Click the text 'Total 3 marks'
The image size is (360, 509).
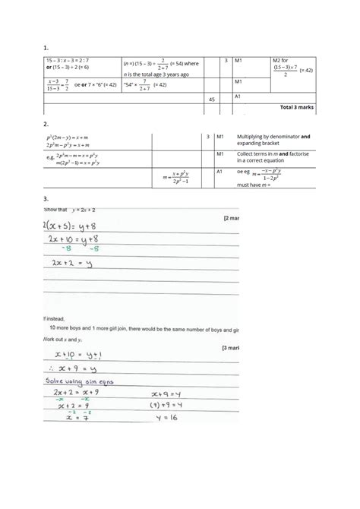[x=297, y=107]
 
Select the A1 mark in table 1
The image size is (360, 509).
[x=238, y=96]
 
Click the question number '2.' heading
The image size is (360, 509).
[x=47, y=123]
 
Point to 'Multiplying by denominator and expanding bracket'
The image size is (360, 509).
[x=273, y=139]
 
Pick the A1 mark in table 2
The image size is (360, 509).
[x=221, y=172]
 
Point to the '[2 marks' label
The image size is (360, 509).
[x=231, y=218]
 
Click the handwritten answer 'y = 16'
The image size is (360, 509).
[x=163, y=417]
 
